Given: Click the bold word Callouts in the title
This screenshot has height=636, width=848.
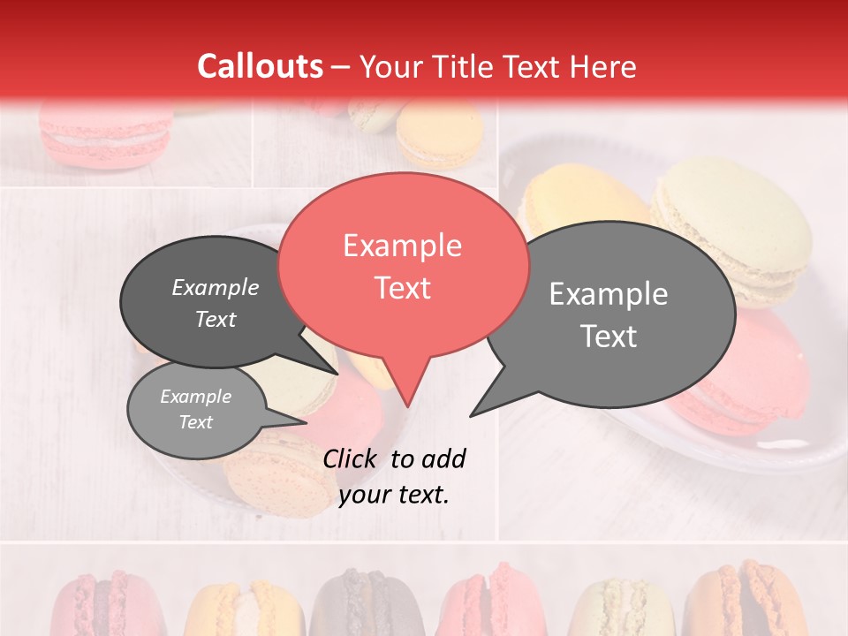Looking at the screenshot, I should (x=260, y=66).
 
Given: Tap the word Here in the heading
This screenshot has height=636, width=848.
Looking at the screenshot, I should (x=603, y=66).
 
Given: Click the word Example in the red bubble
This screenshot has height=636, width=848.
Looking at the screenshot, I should (x=402, y=246).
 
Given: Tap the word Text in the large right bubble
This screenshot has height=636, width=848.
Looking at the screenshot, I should (x=609, y=337).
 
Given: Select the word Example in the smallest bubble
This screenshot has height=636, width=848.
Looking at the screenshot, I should (x=195, y=397).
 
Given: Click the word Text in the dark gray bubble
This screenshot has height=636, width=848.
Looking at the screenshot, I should (x=216, y=319).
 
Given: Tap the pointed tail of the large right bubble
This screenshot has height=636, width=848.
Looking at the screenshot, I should (x=474, y=413).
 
